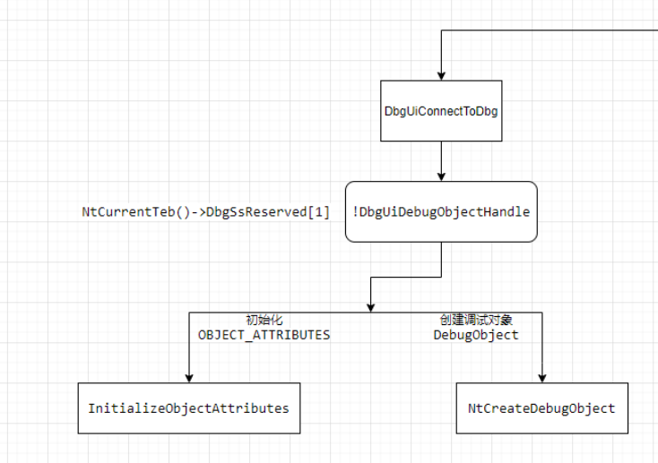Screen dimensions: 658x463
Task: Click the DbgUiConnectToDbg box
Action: [441, 111]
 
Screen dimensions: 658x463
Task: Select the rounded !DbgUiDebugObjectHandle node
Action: [441, 211]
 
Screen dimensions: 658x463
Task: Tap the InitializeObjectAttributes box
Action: [189, 408]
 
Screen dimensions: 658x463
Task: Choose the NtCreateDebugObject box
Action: [541, 408]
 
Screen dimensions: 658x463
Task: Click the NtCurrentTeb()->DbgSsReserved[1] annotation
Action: [205, 211]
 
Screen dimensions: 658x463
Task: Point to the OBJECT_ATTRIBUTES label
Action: [264, 335]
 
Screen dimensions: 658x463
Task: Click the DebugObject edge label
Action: [476, 335]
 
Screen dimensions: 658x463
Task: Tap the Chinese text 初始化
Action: [264, 320]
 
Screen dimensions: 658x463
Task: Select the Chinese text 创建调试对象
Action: [476, 320]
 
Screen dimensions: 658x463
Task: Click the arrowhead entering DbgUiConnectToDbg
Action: [441, 76]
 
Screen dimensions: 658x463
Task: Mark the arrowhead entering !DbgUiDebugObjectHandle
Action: [441, 176]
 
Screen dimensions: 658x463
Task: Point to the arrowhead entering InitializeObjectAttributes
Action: [189, 378]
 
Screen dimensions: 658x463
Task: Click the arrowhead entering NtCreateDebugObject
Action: [541, 378]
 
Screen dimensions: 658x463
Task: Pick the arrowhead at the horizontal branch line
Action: [370, 308]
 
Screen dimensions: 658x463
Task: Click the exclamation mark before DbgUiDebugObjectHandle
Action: [355, 211]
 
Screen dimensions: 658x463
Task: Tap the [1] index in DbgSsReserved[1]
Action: [318, 211]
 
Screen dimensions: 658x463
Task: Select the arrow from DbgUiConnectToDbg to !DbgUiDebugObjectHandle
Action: [441, 161]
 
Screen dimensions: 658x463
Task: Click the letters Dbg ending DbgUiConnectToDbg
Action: [487, 112]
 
